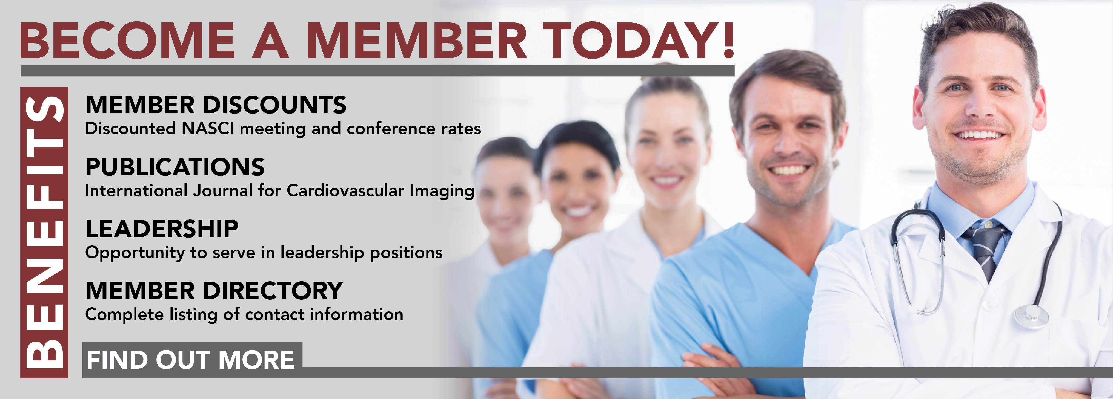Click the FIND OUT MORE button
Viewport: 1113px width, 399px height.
(x=192, y=359)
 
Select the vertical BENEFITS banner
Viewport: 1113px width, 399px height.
(x=44, y=232)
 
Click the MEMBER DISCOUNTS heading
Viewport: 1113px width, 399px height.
(x=216, y=105)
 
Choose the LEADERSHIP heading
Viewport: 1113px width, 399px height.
(x=162, y=229)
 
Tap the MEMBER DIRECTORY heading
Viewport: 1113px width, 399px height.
(x=214, y=291)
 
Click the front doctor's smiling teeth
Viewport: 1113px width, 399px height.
(x=979, y=135)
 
